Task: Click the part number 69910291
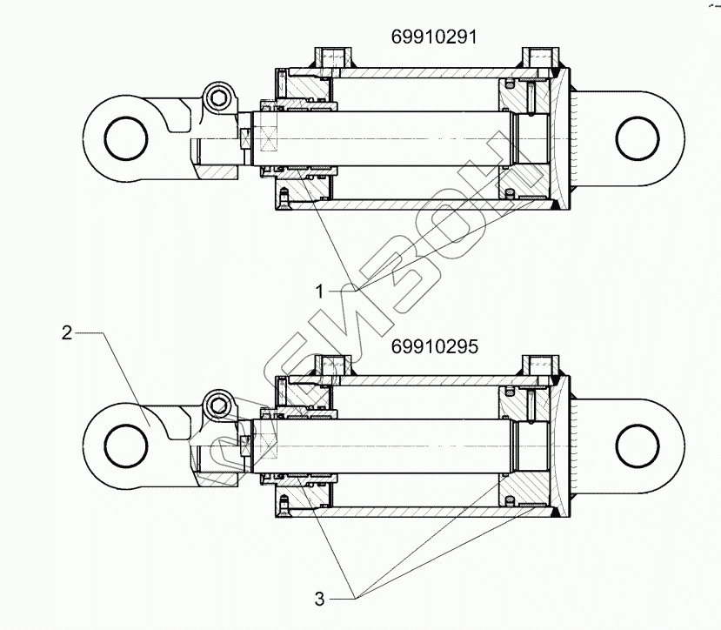coord(431,37)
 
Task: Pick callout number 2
coord(66,332)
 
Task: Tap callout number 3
coord(319,599)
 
